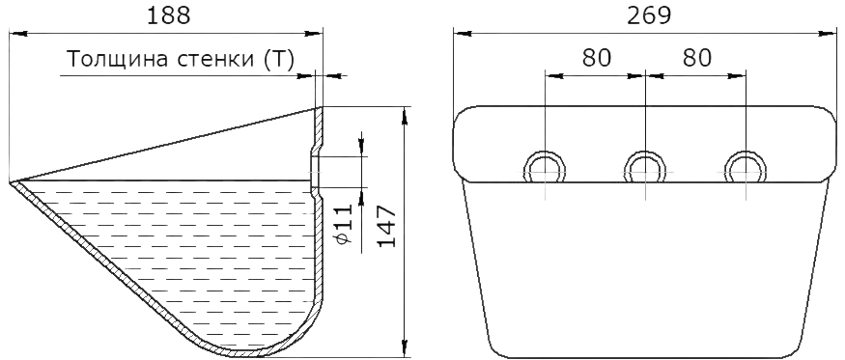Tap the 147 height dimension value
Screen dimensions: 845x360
click(386, 226)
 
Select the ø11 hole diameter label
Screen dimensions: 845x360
click(344, 225)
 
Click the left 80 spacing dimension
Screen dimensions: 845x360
click(597, 57)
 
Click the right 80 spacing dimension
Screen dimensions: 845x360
click(697, 57)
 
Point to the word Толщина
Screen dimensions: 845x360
click(118, 59)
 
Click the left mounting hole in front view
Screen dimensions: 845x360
click(545, 169)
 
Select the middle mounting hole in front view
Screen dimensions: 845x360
click(645, 169)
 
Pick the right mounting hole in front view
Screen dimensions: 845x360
click(746, 169)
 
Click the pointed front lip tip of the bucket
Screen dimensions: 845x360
click(11, 182)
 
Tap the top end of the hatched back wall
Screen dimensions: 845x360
click(319, 108)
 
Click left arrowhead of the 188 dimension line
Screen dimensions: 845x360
click(18, 34)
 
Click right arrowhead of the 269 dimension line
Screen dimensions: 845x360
click(828, 34)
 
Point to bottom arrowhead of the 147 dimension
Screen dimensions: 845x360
click(404, 348)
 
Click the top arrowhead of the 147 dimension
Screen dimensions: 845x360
click(404, 115)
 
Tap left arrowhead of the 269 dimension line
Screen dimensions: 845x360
click(463, 34)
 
